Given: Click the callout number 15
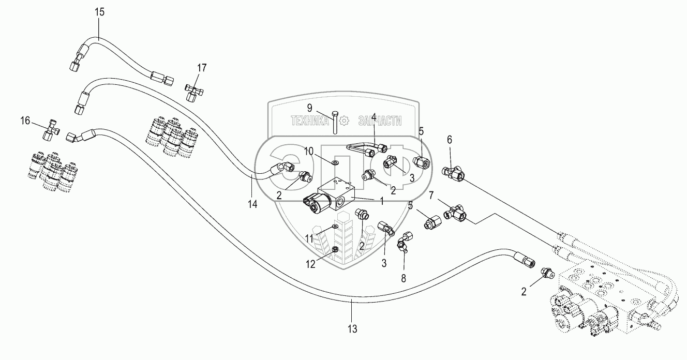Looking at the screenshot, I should click(x=99, y=12).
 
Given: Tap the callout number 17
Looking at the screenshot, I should click(x=202, y=67).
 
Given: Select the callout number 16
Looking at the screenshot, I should click(x=25, y=121).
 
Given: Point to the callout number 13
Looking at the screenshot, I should click(x=352, y=328).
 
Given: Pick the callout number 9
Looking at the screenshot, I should click(x=310, y=108).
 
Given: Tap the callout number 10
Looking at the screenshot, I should click(x=309, y=151).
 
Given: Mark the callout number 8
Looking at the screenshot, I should click(x=404, y=278).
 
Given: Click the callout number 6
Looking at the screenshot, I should click(x=449, y=139).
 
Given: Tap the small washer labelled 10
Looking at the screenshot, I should click(x=336, y=163).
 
